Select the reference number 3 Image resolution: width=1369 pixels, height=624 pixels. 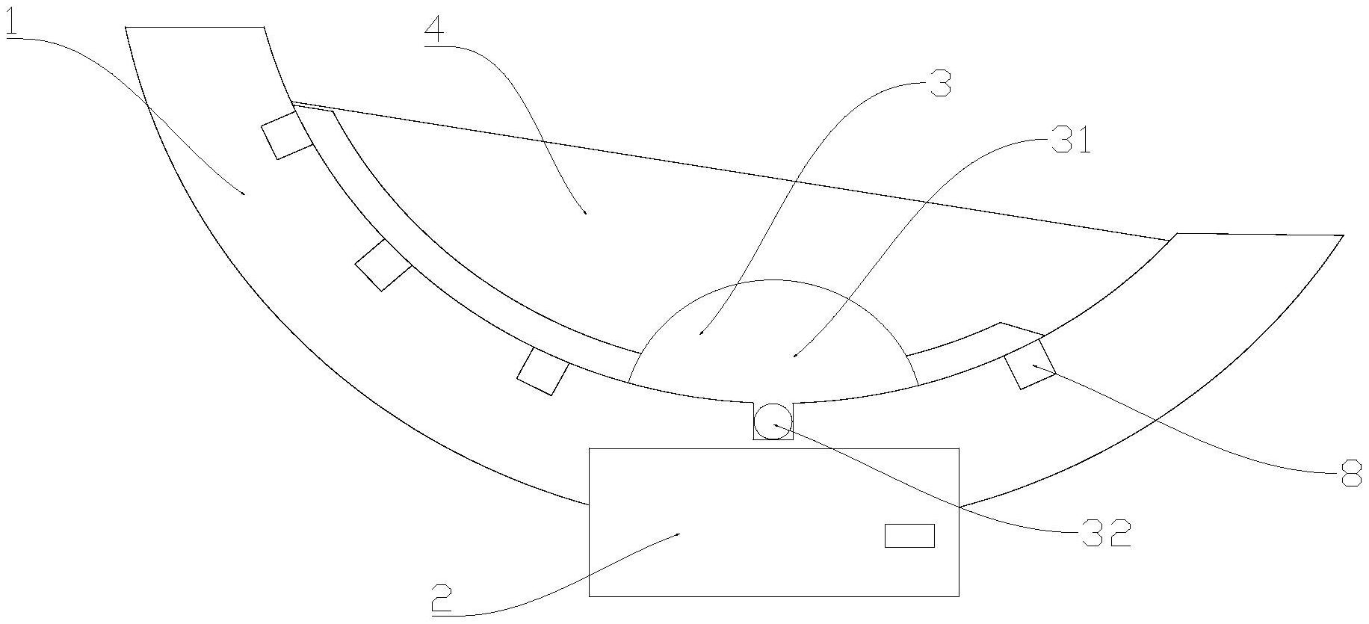[x=939, y=84]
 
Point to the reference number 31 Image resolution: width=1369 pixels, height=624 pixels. [x=1072, y=140]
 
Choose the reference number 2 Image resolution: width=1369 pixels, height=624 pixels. [x=442, y=598]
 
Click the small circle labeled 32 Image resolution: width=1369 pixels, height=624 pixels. [x=772, y=421]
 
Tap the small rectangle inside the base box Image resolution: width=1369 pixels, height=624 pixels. [x=909, y=536]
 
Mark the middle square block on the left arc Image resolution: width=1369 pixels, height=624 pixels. [x=383, y=265]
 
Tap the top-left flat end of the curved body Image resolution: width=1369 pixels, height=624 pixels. [x=195, y=28]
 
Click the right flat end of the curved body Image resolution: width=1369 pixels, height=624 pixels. [x=1260, y=235]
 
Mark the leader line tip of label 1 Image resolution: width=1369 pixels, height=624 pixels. [x=244, y=194]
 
